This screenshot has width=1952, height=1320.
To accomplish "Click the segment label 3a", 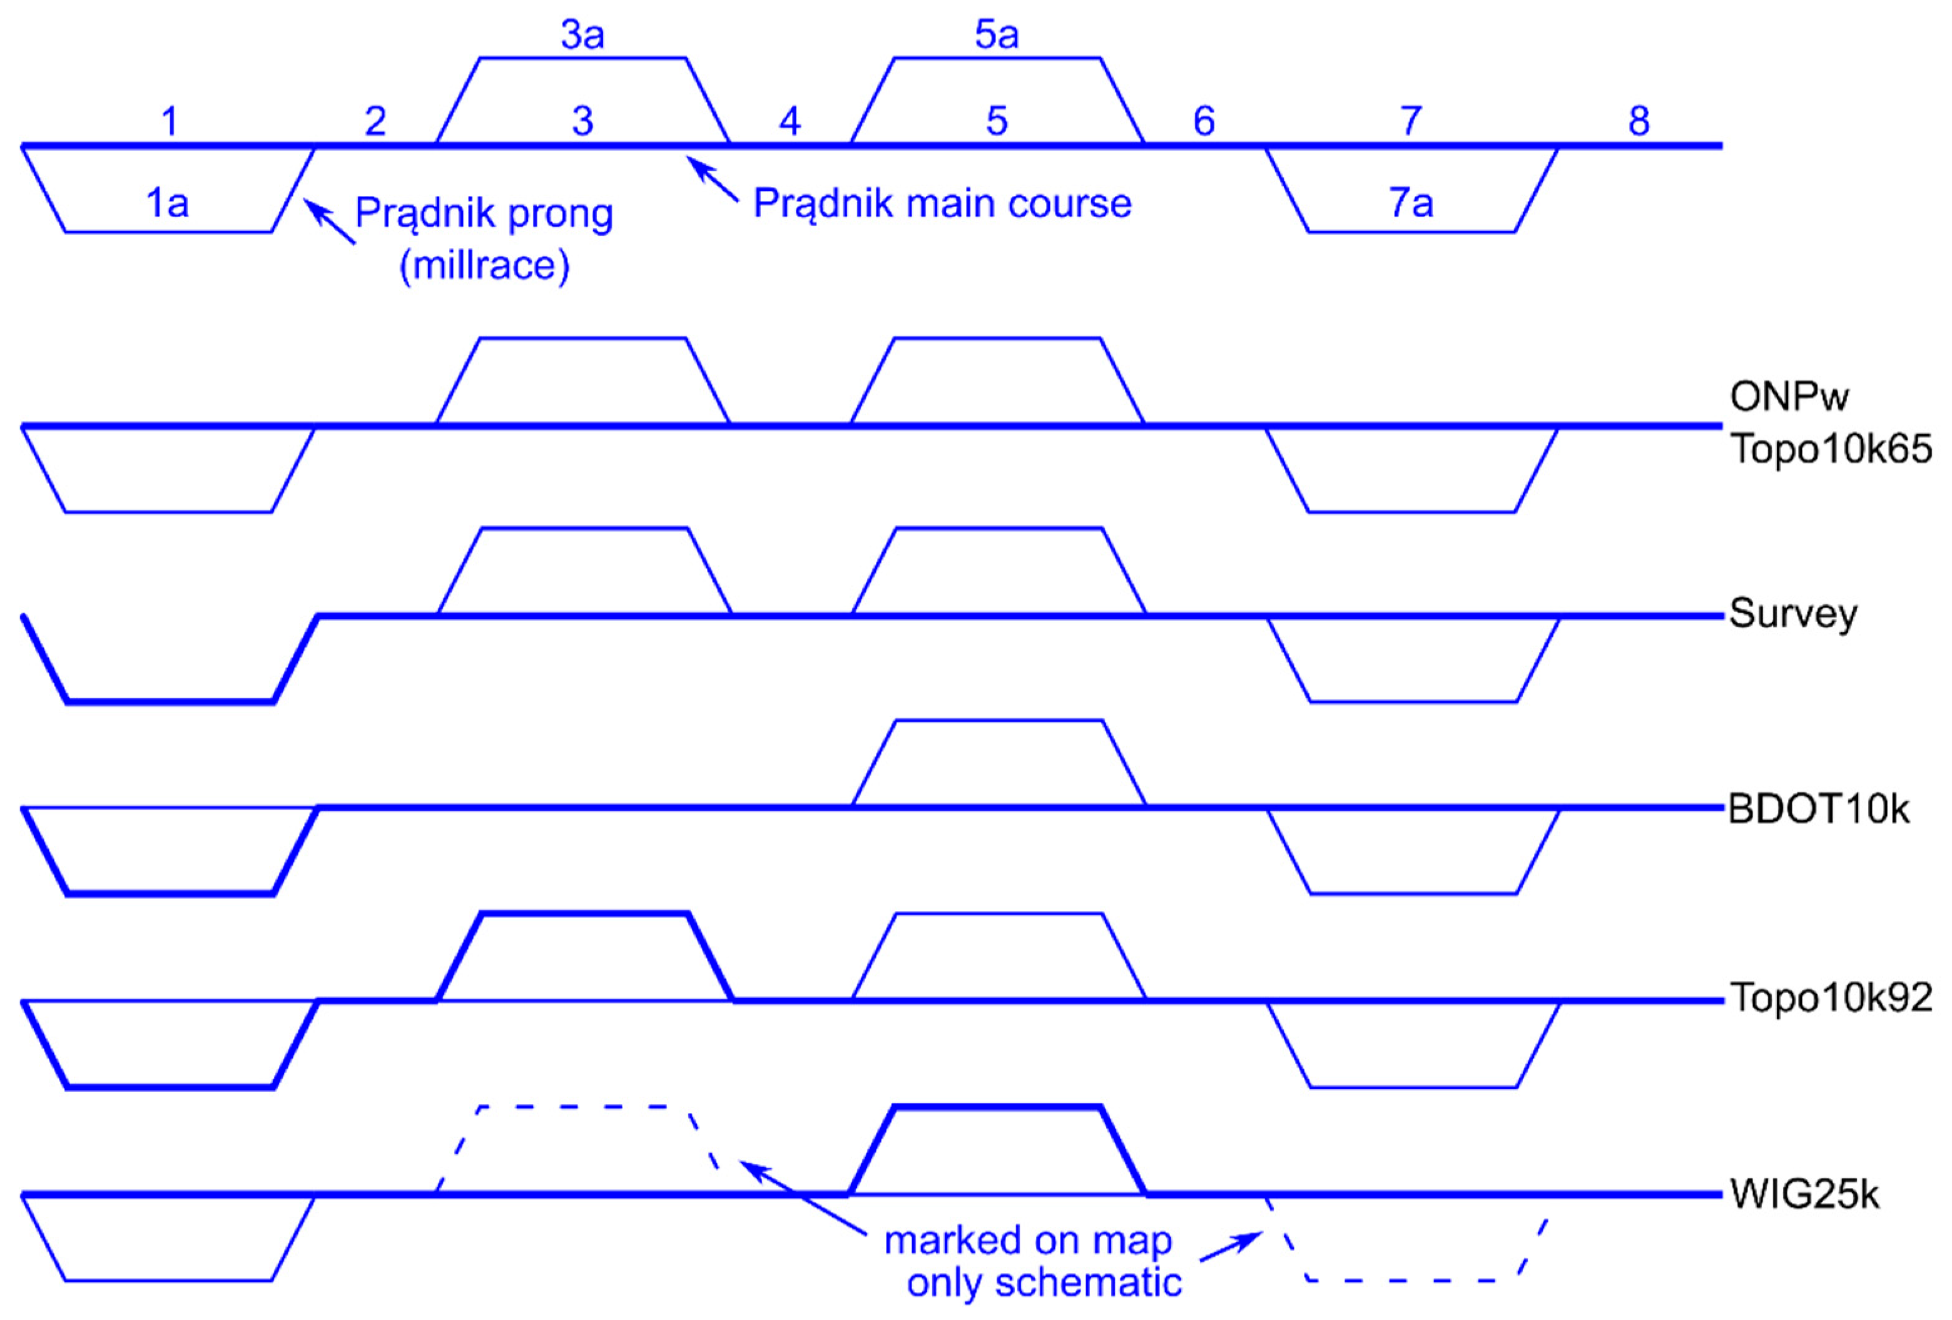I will tap(582, 35).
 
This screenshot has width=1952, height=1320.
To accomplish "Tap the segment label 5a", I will tap(996, 35).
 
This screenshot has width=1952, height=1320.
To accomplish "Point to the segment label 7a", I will tap(1410, 203).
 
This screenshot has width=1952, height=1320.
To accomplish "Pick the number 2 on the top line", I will tap(375, 122).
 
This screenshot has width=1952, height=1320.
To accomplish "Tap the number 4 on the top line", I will tap(789, 122).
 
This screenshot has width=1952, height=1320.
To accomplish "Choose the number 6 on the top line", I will tap(1204, 122).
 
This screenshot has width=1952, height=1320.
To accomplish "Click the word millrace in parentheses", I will tap(485, 266).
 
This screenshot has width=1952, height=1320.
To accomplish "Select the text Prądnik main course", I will tap(942, 203).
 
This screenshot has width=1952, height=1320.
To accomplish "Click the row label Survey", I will tap(1792, 614).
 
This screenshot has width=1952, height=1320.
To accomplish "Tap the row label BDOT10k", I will tap(1819, 810).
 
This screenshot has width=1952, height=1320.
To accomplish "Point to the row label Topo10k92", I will tap(1831, 998).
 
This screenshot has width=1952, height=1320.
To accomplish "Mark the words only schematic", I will tap(1044, 1283).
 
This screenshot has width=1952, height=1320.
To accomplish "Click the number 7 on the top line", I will tap(1410, 122).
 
